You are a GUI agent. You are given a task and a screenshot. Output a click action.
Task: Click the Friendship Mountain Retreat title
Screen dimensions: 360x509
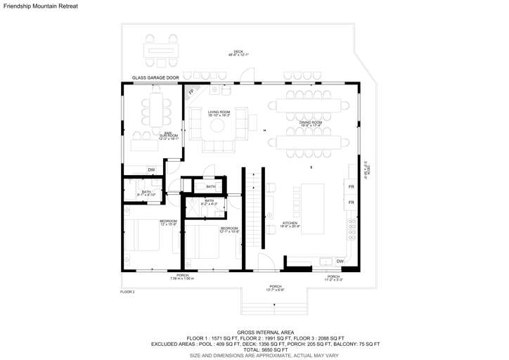click(41, 6)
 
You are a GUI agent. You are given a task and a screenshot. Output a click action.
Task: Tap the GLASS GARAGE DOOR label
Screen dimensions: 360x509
click(155, 78)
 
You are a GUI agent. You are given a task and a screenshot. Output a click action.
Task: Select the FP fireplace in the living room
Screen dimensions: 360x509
click(191, 91)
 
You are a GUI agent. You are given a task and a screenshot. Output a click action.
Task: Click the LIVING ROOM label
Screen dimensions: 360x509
click(219, 112)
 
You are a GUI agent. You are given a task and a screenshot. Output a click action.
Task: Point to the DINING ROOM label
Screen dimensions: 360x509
click(311, 124)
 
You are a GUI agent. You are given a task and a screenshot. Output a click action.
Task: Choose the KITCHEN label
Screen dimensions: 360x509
click(290, 224)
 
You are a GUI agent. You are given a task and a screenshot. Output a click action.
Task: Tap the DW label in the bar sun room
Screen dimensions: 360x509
click(150, 170)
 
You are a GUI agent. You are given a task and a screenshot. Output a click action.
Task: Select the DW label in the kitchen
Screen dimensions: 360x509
click(340, 262)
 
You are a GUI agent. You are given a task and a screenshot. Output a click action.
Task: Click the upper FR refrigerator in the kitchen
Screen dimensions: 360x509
click(350, 187)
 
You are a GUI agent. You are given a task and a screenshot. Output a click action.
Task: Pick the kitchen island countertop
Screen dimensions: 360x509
click(313, 208)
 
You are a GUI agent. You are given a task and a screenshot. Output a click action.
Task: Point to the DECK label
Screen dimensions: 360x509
click(238, 53)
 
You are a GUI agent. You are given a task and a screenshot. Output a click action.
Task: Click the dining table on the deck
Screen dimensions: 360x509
click(162, 51)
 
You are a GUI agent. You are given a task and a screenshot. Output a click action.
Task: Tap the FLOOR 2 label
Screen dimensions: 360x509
click(127, 292)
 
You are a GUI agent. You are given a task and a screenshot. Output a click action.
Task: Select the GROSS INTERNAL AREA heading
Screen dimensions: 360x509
click(265, 332)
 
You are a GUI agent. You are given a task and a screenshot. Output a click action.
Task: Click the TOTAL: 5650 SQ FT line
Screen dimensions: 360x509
click(265, 349)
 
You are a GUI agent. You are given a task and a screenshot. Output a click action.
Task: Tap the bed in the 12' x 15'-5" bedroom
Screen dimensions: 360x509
click(147, 235)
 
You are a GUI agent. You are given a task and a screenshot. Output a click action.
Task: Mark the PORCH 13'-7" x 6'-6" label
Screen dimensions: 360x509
click(276, 288)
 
